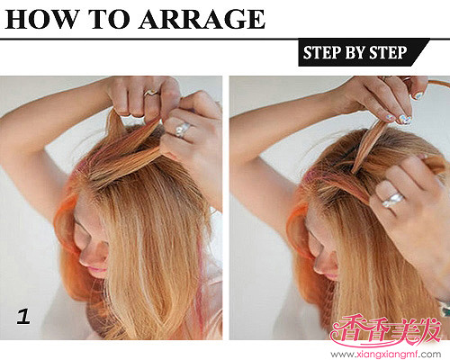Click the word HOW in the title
(42, 19)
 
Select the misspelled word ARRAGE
(202, 19)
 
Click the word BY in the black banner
(356, 52)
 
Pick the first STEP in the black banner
(322, 52)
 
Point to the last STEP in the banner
(388, 52)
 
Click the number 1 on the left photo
(23, 317)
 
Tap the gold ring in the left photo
(151, 93)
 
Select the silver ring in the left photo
(183, 130)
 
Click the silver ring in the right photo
(392, 200)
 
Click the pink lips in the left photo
(98, 269)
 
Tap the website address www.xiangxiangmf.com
(386, 355)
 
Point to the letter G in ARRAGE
(234, 19)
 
